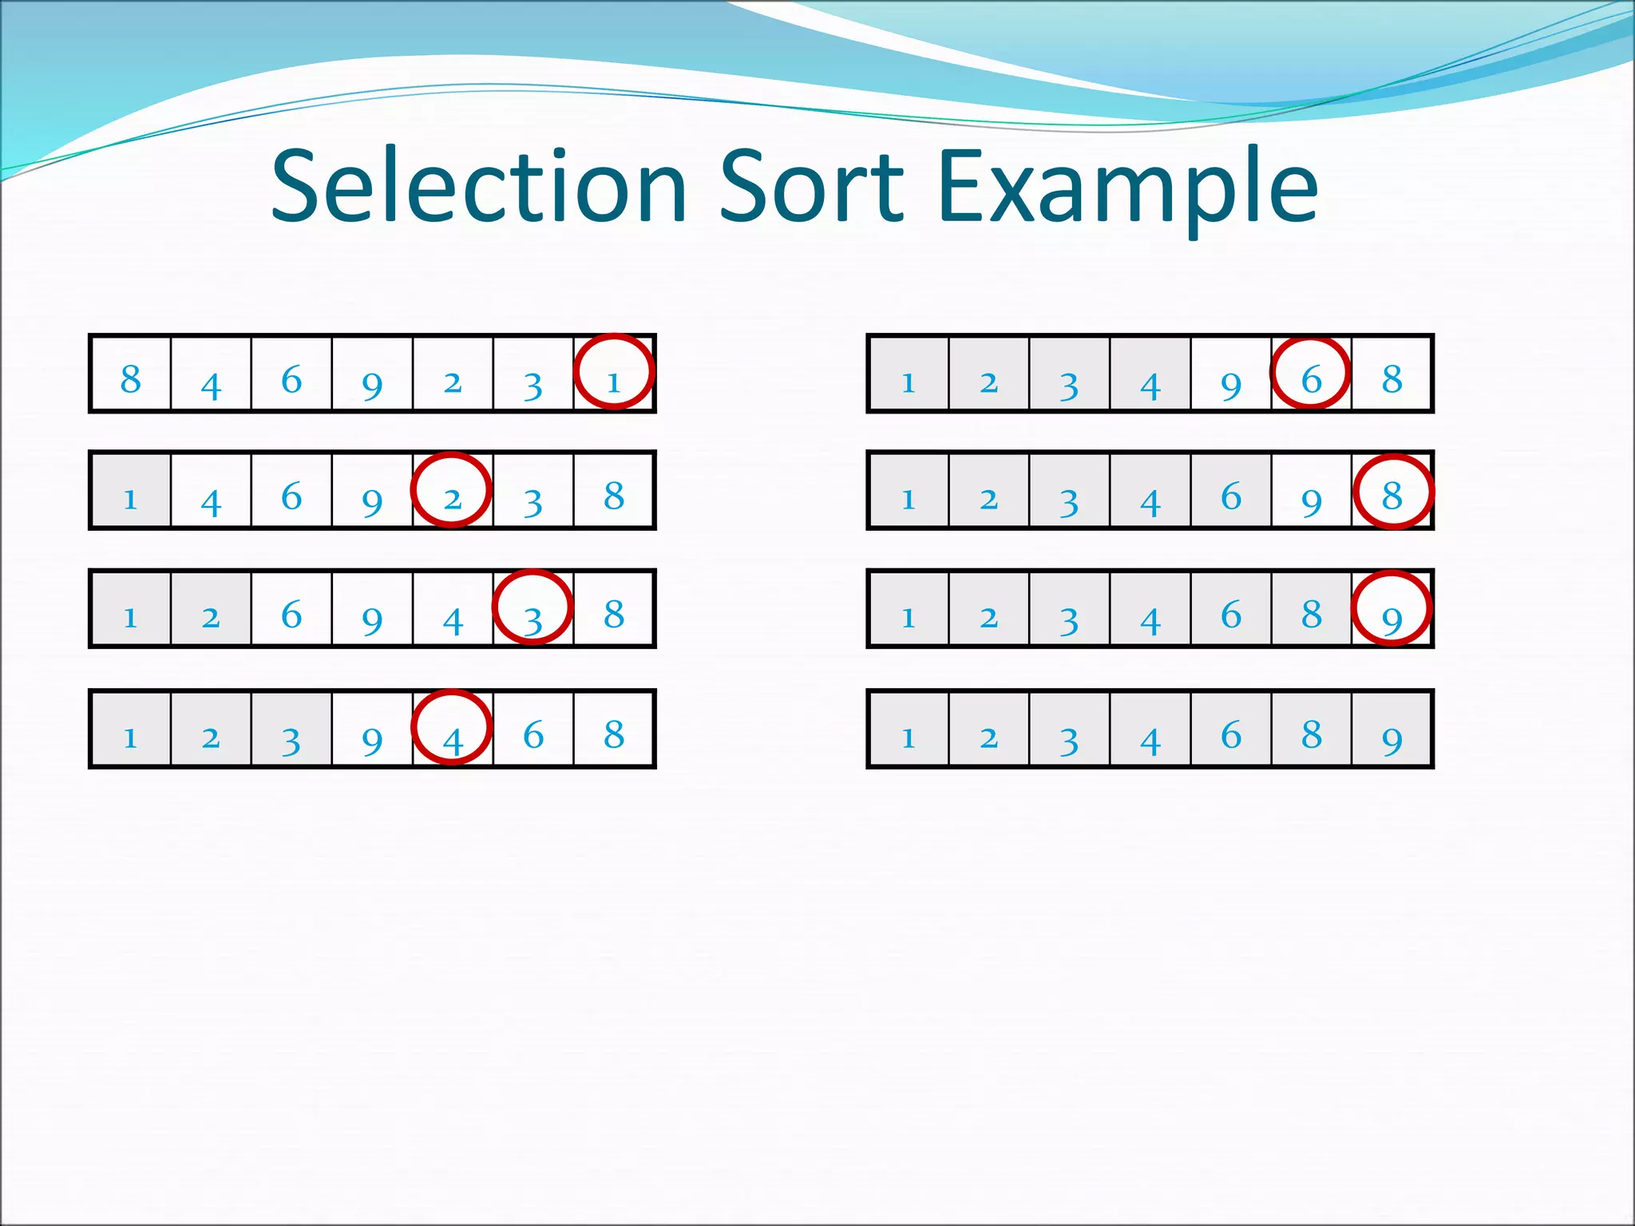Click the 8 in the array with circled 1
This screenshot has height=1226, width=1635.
point(131,379)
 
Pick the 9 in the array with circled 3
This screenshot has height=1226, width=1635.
point(372,619)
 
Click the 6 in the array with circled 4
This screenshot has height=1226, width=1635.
point(533,734)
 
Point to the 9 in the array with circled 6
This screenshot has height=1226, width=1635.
point(1231,385)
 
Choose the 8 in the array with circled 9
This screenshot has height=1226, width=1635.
point(1312,614)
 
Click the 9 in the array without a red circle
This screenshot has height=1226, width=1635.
point(1392,739)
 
